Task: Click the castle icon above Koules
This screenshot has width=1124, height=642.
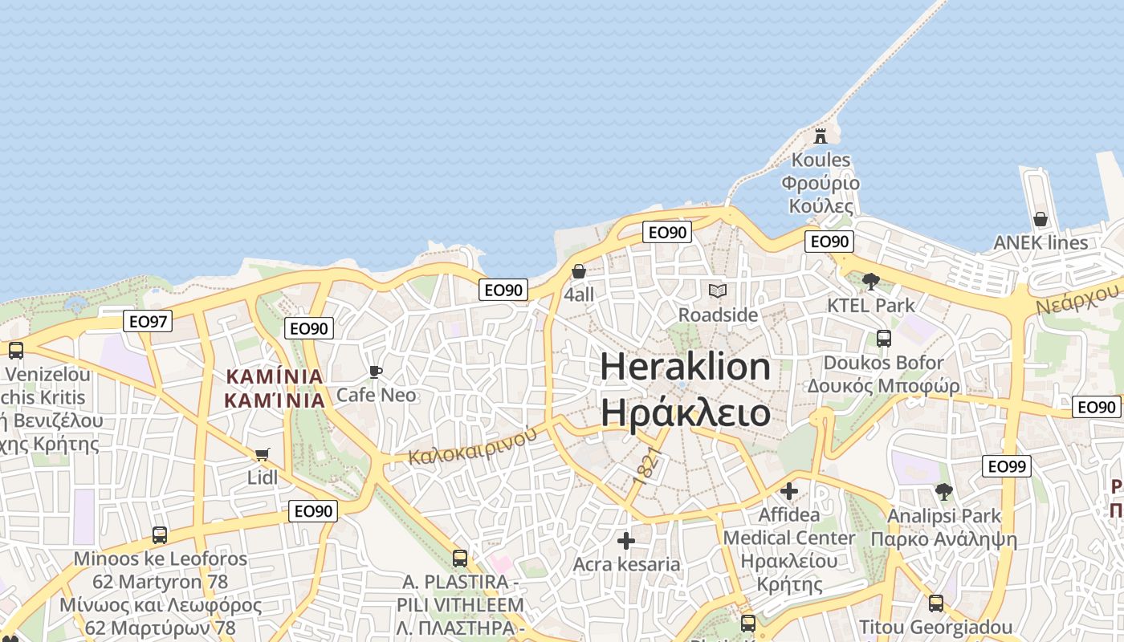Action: click(x=820, y=136)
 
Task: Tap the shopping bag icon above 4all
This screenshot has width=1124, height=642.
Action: click(x=578, y=271)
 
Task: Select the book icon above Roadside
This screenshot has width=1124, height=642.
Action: click(x=717, y=291)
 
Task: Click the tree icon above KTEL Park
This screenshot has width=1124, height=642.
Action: click(x=870, y=281)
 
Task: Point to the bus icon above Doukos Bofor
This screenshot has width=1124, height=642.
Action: click(x=883, y=339)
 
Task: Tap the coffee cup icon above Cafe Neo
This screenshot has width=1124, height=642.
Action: click(x=375, y=372)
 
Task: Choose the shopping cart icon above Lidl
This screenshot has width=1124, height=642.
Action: click(x=262, y=454)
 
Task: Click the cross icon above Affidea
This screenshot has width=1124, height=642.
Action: click(x=789, y=490)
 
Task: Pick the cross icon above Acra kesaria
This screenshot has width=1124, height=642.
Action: click(x=626, y=540)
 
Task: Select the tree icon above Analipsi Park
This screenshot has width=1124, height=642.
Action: click(x=943, y=491)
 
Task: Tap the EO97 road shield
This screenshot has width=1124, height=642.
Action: click(x=149, y=322)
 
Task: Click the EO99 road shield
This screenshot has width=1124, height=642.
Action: click(x=1007, y=466)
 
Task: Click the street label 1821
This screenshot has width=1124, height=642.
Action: click(x=648, y=465)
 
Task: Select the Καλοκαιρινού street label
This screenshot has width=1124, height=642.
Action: click(x=471, y=446)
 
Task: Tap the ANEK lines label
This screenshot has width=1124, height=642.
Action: click(x=1041, y=242)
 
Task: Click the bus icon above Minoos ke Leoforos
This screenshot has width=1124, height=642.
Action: click(x=160, y=534)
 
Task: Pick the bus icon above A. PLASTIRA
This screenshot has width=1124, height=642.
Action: click(x=460, y=558)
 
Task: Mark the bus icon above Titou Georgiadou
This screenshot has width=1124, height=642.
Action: click(x=935, y=603)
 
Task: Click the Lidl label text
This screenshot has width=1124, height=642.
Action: click(x=262, y=477)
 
